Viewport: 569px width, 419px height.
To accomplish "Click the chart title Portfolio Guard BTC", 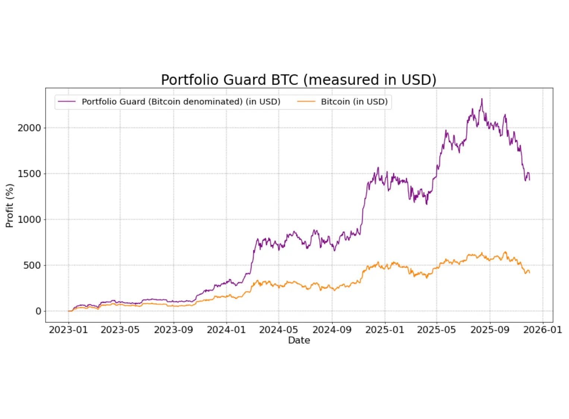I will coord(298,80).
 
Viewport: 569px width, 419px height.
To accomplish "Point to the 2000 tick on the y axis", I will coord(29,128).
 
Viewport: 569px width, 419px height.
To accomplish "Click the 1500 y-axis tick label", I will coord(29,174).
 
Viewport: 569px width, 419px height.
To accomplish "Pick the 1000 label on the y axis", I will coord(29,219).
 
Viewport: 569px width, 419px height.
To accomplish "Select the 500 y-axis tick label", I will coord(32,265).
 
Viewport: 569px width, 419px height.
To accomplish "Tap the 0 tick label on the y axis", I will coord(38,311).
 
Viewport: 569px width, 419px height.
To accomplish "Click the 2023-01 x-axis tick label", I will coord(68,330).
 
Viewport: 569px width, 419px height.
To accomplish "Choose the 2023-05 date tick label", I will coord(120,330).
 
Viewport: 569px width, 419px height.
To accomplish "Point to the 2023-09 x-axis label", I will coord(173,330).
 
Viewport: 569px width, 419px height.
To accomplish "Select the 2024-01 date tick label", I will coord(226,330).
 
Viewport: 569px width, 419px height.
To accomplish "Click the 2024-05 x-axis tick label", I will coord(279,330).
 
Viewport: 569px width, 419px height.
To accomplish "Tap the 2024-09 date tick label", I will coord(332,330).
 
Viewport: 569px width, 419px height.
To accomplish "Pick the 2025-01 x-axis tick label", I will coord(385,330).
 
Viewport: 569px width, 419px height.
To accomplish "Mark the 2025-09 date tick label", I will coord(490,330).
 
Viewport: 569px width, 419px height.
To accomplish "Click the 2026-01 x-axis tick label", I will coord(543,330).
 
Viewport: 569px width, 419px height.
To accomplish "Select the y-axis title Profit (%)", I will coord(10,206).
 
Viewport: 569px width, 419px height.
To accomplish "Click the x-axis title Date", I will coord(299,340).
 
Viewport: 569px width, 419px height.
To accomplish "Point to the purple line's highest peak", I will coord(482,99).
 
